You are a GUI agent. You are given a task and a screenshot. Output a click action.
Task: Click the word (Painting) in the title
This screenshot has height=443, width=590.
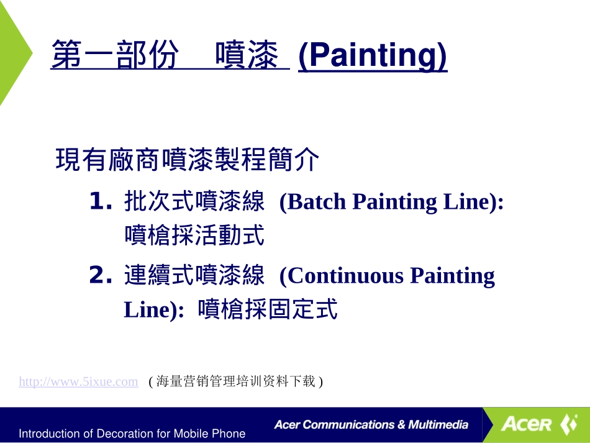(x=372, y=56)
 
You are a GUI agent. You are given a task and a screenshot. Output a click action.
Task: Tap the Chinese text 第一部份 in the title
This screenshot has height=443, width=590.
(x=116, y=55)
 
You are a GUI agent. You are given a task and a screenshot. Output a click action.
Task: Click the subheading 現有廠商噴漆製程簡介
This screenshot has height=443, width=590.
(x=188, y=160)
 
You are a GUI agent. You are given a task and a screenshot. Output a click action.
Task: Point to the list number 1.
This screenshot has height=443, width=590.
(x=101, y=201)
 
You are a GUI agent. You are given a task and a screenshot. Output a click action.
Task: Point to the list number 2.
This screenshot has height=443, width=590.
(x=101, y=275)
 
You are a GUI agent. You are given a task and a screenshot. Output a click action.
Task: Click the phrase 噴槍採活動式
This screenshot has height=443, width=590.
(x=194, y=235)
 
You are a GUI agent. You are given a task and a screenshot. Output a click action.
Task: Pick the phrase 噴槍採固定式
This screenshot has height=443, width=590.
(x=268, y=309)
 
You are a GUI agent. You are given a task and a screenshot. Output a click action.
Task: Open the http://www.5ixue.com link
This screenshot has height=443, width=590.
(x=78, y=381)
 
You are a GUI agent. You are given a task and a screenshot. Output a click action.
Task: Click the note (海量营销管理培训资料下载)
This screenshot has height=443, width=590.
(x=236, y=381)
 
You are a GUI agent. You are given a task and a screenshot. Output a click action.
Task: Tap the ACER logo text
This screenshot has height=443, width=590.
(x=527, y=425)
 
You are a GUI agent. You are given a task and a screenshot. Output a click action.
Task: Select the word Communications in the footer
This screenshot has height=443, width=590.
(x=347, y=425)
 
